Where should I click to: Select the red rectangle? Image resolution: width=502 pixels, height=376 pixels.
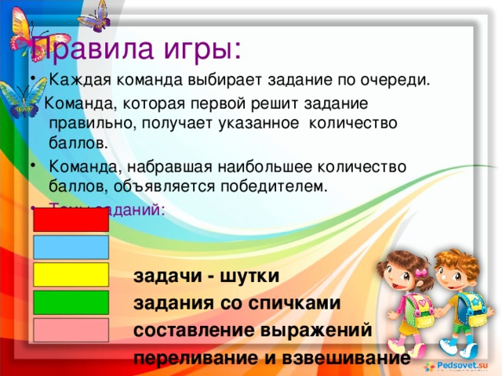pos(71,219)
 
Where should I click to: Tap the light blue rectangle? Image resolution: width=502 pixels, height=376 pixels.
pos(71,248)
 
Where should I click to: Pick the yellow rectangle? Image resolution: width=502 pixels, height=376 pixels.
pos(71,274)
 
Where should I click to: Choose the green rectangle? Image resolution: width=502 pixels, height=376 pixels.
pos(71,302)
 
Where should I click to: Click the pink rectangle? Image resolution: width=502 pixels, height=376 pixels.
pos(71,330)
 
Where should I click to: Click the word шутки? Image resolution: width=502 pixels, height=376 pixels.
pos(249,277)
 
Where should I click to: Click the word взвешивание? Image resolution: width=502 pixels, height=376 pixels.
pos(348,358)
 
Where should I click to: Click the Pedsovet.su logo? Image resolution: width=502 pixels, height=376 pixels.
pos(458,366)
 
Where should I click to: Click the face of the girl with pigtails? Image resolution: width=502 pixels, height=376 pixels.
pos(404,274)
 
